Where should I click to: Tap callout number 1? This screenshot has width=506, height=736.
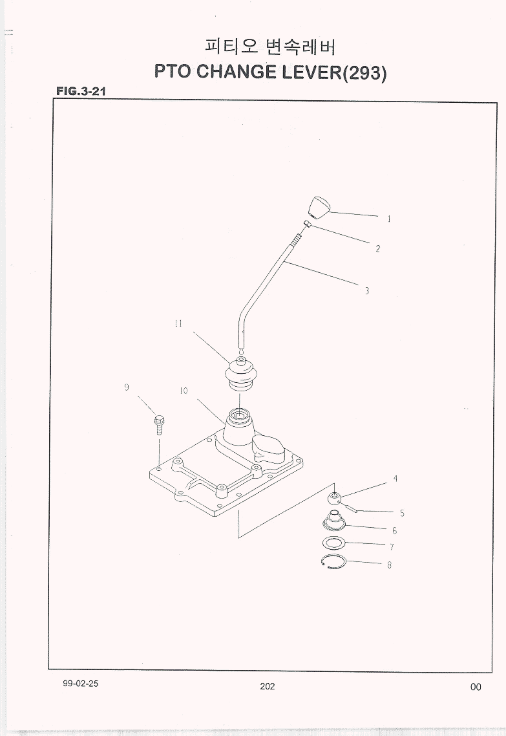pos(389,218)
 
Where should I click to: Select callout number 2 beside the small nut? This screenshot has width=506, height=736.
pos(377,249)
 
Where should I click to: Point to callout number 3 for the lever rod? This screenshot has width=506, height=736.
pos(366,291)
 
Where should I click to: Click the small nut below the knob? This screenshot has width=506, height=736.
pos(308,224)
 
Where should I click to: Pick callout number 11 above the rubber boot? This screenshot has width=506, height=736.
pos(178,323)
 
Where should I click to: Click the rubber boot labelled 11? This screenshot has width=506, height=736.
pos(240,374)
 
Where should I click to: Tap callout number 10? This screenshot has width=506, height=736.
pos(184,391)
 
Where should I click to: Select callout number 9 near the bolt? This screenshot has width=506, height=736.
pos(127,387)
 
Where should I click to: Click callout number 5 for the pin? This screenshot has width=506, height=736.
pos(402,514)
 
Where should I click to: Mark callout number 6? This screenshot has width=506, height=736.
pos(394,530)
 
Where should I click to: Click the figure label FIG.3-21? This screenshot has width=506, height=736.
pos(81,91)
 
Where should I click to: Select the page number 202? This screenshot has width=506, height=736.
pos(268,686)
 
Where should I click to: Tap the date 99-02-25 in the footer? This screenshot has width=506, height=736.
pos(81,684)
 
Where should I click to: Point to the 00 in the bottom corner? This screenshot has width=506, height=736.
pos(476,687)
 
